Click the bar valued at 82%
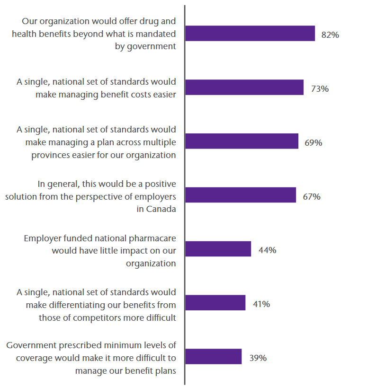250,34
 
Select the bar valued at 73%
244,88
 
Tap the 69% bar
242,141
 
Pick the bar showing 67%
241,195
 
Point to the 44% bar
218,249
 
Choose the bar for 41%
215,303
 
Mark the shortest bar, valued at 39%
213,357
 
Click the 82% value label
330,35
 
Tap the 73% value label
320,88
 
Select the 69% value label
313,142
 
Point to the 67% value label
312,196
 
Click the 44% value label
268,250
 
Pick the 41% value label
261,304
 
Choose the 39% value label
258,358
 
